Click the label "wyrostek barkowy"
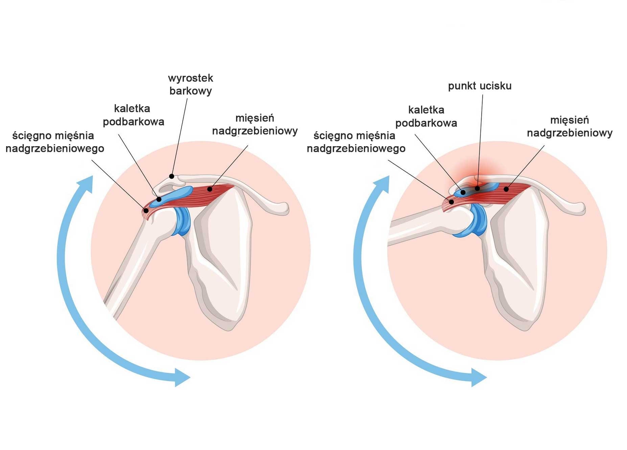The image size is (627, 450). [x=190, y=85]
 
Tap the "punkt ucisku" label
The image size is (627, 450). [x=480, y=86]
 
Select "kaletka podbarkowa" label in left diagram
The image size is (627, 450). [x=133, y=115]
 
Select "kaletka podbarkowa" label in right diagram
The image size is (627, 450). [x=426, y=116]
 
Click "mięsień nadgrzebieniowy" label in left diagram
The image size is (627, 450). [x=255, y=125]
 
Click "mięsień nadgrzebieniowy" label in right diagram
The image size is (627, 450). [x=570, y=127]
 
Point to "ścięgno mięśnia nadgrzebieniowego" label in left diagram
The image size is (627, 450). [x=55, y=142]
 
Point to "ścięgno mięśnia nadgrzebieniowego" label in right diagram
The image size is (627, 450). [x=356, y=142]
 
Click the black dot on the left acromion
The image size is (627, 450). [x=172, y=176]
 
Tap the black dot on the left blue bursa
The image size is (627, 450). [x=159, y=199]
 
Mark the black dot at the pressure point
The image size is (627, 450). [x=477, y=188]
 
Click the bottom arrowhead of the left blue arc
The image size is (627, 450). [x=182, y=377]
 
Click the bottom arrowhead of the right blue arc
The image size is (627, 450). [x=478, y=377]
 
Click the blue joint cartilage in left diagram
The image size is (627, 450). [x=183, y=222]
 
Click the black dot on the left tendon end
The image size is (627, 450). [x=146, y=210]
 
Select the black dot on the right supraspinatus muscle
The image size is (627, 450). [x=506, y=189]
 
